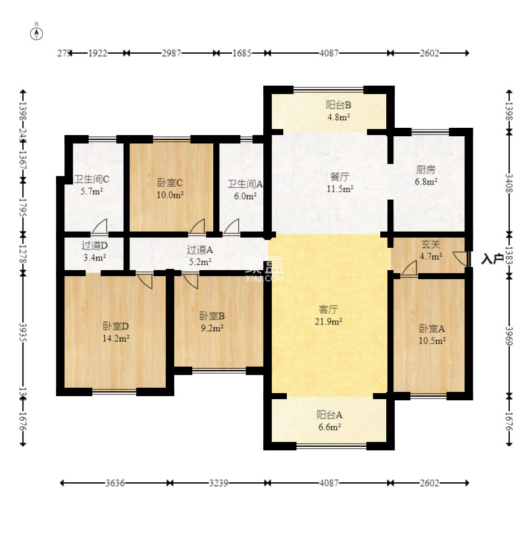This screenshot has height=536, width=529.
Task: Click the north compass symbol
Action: (37, 33)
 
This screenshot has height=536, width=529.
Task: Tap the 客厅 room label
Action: (327, 309)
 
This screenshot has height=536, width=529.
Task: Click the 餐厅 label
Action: (339, 177)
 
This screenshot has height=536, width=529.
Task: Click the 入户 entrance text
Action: (492, 259)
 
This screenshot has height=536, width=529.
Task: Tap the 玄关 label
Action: (430, 245)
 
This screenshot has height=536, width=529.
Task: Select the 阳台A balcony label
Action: (330, 415)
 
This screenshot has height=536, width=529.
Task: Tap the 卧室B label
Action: (212, 315)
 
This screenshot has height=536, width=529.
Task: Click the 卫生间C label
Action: (92, 180)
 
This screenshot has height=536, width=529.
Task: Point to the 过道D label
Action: (95, 245)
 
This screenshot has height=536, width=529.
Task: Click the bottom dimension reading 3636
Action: (115, 483)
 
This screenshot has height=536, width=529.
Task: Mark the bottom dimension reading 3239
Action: (219, 483)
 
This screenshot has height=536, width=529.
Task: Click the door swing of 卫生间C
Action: (100, 226)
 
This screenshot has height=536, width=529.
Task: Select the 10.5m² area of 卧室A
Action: (432, 341)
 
